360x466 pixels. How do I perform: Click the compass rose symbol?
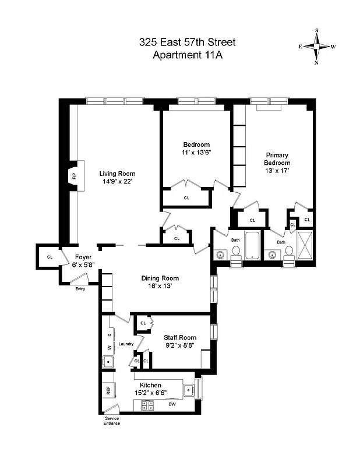pos(317,46)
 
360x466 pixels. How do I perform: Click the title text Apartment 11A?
pos(188,55)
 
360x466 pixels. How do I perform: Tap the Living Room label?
pos(117,174)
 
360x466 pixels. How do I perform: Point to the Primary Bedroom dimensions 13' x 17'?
pos(277,171)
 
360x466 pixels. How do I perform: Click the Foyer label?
pos(84,257)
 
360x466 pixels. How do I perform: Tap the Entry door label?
pos(80,288)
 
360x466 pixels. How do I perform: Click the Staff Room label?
pos(180,337)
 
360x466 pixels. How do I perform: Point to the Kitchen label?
pos(150,385)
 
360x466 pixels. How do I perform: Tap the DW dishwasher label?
pos(172,404)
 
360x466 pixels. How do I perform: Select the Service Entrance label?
pos(112,421)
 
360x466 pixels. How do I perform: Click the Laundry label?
pos(126,344)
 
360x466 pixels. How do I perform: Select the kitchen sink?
pos(188,390)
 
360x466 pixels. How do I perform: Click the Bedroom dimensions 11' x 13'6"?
pos(196,153)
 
